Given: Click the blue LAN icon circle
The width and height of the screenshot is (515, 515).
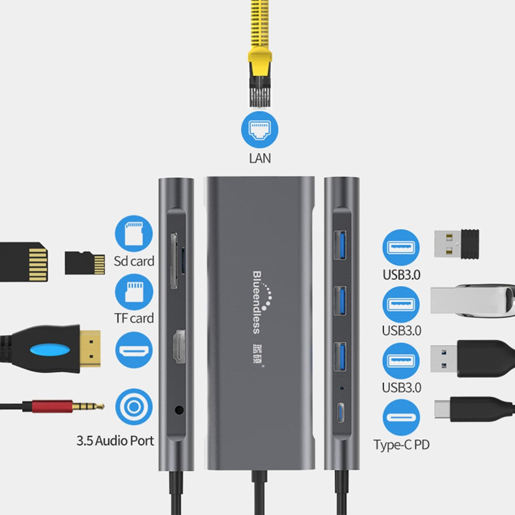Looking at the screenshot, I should [x=259, y=130].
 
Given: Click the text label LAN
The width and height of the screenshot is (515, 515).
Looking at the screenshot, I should [x=260, y=158].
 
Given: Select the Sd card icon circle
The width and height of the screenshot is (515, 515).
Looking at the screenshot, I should [x=134, y=234].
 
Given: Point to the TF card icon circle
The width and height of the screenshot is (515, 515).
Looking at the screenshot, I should [x=134, y=292].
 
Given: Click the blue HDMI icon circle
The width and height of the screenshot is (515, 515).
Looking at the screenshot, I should [x=134, y=350].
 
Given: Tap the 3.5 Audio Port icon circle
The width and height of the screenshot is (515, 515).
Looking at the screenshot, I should [x=134, y=407].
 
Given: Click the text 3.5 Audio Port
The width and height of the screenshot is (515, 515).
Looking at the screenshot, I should [x=115, y=441].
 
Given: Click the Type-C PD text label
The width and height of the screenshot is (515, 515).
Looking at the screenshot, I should [x=401, y=445].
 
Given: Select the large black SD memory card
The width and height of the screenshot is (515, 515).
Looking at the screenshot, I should [x=24, y=262].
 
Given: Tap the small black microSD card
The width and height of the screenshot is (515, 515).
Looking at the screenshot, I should [x=85, y=262].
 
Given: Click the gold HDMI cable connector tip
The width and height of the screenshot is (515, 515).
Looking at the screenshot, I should [x=91, y=349].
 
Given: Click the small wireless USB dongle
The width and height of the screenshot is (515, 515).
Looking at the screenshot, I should [x=456, y=244].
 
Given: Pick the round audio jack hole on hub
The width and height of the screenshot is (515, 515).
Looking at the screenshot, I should [x=179, y=410].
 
